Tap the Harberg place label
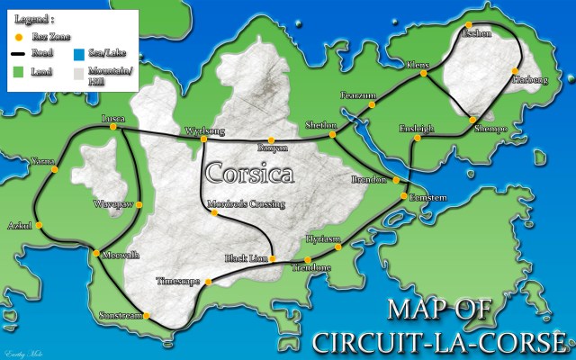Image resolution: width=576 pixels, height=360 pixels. [530, 80]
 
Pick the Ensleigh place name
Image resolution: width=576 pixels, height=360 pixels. [416, 128]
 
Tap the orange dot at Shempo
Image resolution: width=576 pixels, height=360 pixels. [472, 119]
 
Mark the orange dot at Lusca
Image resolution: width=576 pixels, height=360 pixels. [112, 127]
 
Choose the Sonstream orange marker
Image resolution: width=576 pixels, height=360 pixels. [146, 315]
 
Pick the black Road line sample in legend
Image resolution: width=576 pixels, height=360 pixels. [17, 55]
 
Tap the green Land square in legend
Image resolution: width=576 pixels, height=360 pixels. [17, 71]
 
